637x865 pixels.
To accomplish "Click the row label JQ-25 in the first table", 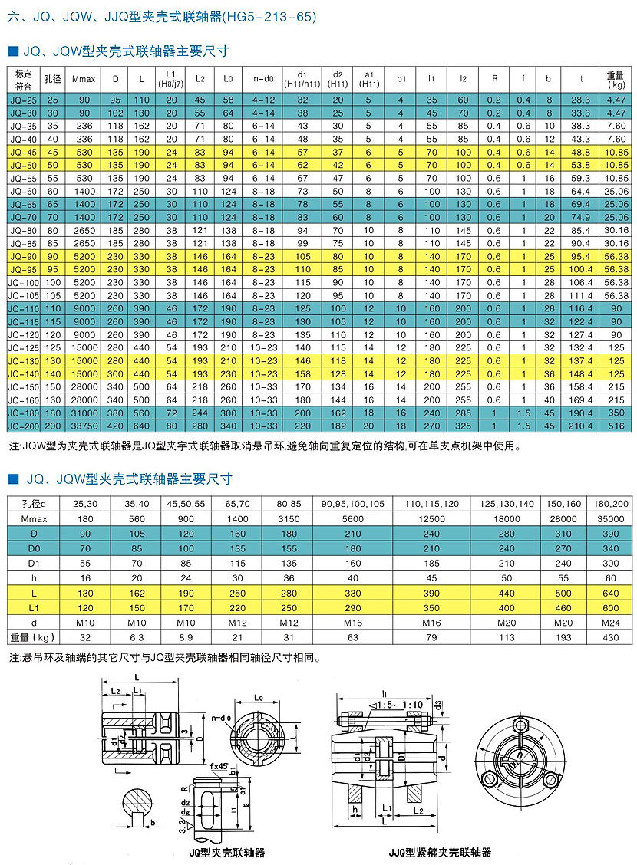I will (23, 100).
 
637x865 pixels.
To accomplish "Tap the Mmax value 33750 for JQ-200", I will (83, 425).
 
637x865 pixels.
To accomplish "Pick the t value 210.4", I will (581, 425).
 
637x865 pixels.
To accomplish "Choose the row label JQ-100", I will (23, 283).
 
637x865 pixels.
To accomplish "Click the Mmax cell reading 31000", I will (83, 413).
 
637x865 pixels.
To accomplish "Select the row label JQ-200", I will (23, 425).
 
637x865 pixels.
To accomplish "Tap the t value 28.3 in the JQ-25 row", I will (581, 100).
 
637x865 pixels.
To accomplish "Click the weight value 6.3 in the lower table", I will (137, 636).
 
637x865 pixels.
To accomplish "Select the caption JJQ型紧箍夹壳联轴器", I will (440, 852).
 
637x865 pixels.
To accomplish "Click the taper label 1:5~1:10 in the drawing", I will (400, 705).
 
